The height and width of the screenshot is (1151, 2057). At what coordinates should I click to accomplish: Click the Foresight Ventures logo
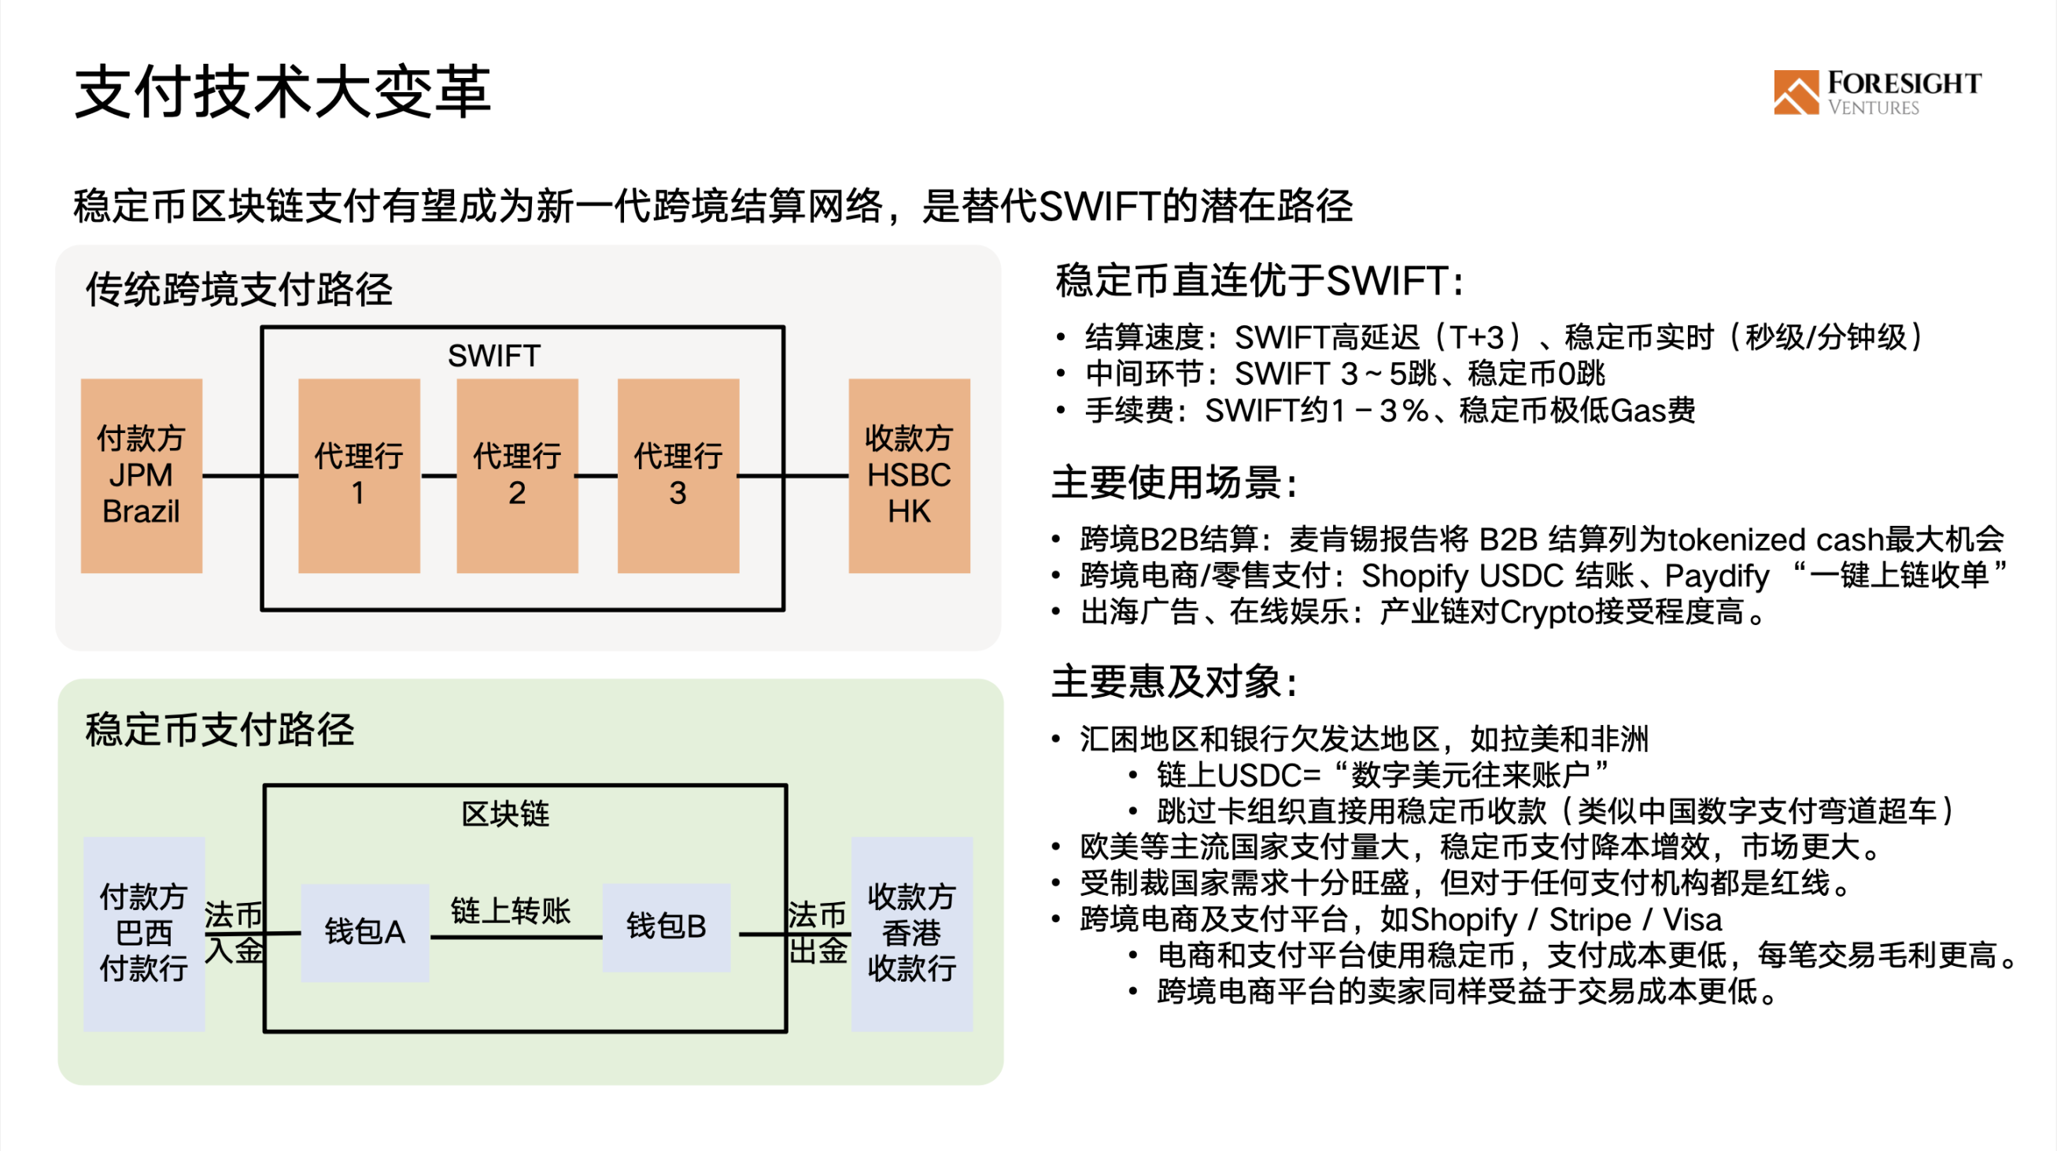click(1877, 93)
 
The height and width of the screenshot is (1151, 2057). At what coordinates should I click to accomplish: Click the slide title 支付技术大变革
click(283, 93)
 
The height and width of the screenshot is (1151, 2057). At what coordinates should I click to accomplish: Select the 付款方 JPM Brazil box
click(142, 476)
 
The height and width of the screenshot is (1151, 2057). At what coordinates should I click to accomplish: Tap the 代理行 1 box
click(359, 476)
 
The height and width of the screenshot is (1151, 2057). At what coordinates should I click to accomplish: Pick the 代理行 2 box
click(518, 476)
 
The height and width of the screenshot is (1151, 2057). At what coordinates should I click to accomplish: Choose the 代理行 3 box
click(678, 476)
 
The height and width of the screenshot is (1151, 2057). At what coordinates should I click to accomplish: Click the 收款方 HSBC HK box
click(910, 476)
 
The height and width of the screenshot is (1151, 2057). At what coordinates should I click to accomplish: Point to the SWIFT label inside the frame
click(494, 355)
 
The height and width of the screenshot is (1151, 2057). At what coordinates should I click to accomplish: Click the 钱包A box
click(365, 932)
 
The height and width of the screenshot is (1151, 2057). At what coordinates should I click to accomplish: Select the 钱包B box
click(666, 927)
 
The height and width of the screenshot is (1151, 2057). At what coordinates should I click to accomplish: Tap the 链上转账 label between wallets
click(511, 911)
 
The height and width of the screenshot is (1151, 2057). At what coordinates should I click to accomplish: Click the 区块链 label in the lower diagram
click(505, 814)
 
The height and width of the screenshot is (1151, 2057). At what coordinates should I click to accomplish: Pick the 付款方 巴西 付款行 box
click(145, 934)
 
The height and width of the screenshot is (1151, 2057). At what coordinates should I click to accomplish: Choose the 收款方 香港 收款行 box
click(912, 934)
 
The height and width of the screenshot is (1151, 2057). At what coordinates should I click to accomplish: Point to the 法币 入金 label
click(234, 932)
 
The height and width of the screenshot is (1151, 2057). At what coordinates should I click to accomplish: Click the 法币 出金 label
click(818, 932)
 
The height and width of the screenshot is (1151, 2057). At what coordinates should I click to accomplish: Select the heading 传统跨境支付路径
click(238, 289)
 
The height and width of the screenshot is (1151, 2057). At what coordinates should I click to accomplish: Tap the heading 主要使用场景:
click(1175, 483)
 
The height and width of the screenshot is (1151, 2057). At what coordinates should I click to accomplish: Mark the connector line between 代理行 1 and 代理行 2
click(438, 476)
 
